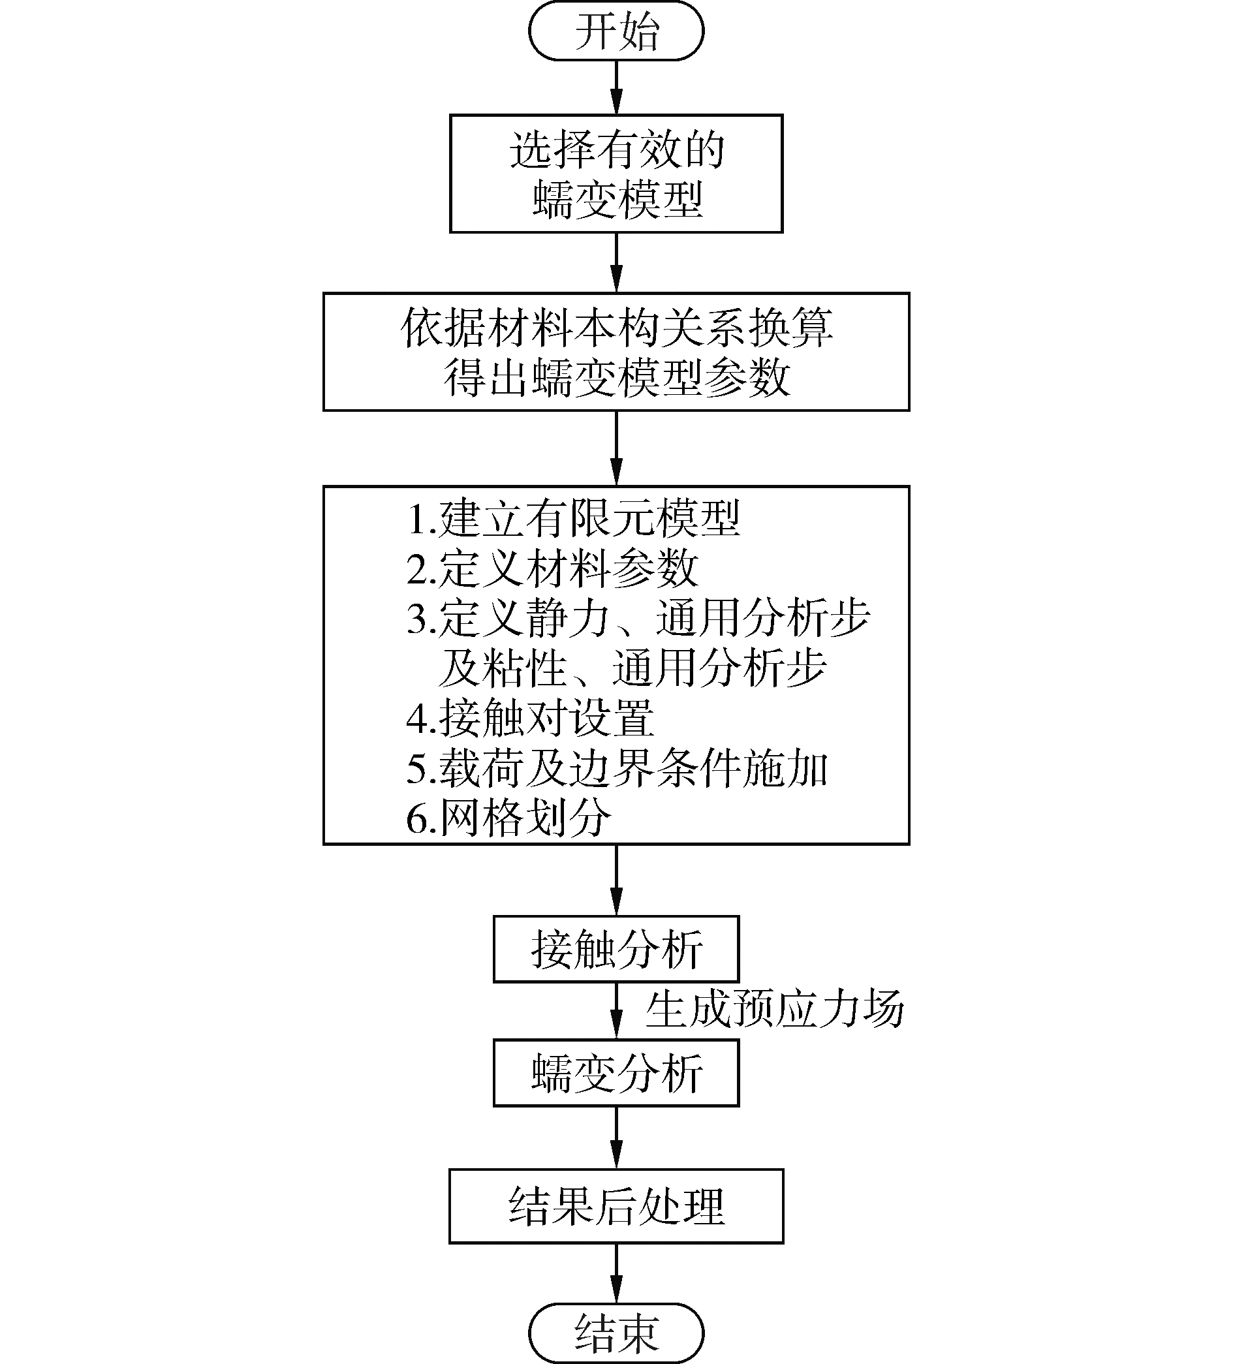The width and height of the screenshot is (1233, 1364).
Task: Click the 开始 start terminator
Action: click(x=616, y=31)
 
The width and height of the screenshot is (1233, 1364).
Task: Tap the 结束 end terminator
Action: click(x=616, y=1333)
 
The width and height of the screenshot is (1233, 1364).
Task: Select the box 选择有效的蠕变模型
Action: click(x=616, y=174)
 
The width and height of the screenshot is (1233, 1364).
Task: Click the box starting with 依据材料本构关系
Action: click(x=616, y=352)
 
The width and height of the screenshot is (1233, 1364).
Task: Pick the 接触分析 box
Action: click(x=616, y=949)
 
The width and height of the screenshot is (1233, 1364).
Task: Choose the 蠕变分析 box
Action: click(x=616, y=1073)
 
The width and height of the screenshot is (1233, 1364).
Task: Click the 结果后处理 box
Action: click(x=616, y=1206)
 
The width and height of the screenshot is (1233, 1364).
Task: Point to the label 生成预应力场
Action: click(x=774, y=1010)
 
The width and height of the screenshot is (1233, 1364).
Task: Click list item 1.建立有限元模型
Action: click(x=572, y=519)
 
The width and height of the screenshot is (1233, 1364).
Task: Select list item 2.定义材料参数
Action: click(x=552, y=568)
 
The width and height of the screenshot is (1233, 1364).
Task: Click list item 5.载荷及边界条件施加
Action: click(x=616, y=769)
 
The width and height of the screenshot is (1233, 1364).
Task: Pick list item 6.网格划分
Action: click(x=508, y=818)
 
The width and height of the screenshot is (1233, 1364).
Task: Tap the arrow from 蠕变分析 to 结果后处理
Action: click(x=616, y=1138)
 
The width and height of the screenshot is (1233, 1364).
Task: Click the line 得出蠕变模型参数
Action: click(x=616, y=377)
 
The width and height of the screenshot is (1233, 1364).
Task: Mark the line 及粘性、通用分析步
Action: click(x=631, y=668)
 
